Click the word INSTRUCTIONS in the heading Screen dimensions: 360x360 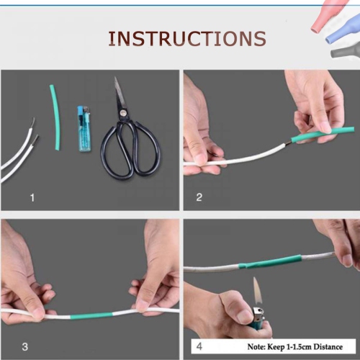point(186,38)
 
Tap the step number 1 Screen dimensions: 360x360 point(31,196)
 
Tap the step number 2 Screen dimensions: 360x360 point(199,196)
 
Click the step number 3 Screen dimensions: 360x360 point(24,347)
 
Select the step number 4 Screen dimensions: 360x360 point(199,346)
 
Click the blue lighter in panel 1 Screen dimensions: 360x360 point(84,129)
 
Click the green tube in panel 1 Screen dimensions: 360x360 point(55,118)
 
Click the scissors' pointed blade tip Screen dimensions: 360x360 point(117,80)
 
